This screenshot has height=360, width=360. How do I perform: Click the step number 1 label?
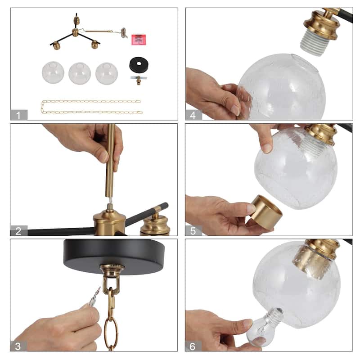click(x=18, y=115)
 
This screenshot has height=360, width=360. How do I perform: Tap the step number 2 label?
click(x=18, y=231)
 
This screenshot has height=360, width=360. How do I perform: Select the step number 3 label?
click(x=18, y=346)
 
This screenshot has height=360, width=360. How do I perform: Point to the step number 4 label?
click(x=193, y=115)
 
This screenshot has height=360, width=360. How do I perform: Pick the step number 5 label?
click(x=193, y=231)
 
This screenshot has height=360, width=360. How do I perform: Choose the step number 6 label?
click(x=193, y=346)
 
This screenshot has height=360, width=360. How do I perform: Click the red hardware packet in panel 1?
click(x=139, y=40)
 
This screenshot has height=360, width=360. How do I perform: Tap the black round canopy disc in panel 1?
click(x=139, y=65)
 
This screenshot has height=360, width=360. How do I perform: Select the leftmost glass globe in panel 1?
click(x=53, y=72)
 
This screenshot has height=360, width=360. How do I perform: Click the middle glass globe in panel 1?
click(x=80, y=73)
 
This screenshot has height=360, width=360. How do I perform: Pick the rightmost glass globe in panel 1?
click(x=107, y=73)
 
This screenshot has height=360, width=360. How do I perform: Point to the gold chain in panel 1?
click(x=91, y=107)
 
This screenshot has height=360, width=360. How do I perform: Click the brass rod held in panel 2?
click(x=110, y=161)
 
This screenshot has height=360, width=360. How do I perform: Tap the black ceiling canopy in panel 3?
click(x=114, y=256)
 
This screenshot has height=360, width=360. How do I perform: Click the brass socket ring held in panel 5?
click(x=266, y=212)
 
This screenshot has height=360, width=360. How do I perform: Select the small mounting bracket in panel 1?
click(x=139, y=80)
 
